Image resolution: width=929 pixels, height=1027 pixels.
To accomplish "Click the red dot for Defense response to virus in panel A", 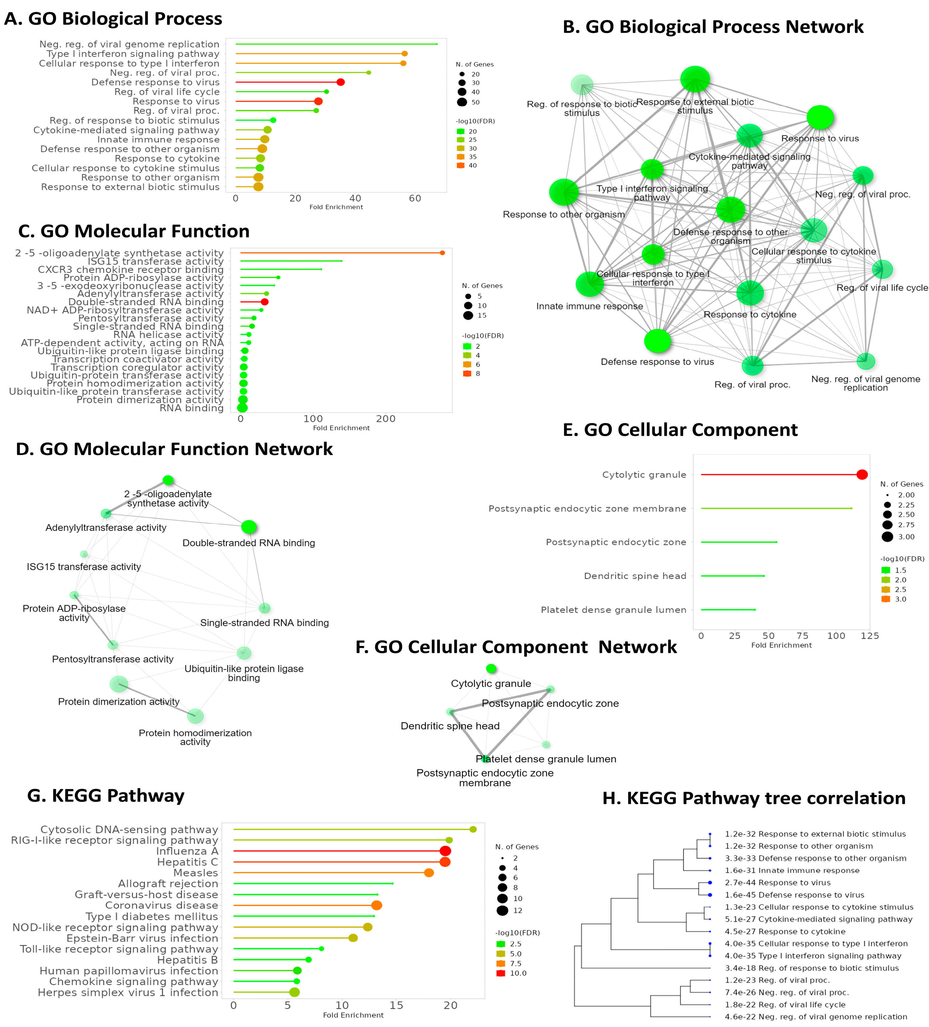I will coord(340,82).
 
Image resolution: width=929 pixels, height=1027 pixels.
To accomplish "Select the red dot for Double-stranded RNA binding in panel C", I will coord(265,302).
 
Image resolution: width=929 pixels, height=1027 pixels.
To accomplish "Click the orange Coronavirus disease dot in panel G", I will coord(377,905).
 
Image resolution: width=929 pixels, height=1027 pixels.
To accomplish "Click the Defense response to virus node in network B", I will coord(658,341).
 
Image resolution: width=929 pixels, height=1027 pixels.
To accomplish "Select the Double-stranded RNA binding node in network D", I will coord(249,527).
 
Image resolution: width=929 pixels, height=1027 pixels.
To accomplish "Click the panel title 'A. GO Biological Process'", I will coord(113,19).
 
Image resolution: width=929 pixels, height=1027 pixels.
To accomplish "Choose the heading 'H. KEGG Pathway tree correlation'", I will coord(754,798).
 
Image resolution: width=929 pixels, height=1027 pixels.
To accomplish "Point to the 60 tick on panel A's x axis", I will coord(415,199).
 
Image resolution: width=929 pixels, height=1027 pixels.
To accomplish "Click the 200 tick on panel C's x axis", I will coord(386,419).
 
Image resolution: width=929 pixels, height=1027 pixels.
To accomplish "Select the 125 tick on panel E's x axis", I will coord(870,636).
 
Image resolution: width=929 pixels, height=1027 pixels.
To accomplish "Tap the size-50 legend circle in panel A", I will coord(462,102).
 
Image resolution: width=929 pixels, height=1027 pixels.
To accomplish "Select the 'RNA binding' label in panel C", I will coord(192,408).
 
